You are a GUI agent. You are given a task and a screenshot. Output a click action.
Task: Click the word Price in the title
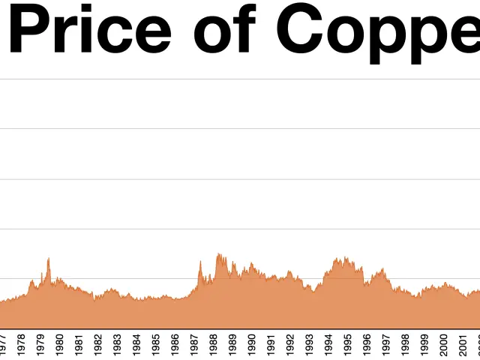coord(90,30)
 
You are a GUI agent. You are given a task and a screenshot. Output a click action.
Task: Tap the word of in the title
coord(224,30)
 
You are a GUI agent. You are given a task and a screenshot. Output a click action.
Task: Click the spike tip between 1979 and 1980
coord(49,259)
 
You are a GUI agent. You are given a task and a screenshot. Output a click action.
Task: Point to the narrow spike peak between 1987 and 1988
coord(200,261)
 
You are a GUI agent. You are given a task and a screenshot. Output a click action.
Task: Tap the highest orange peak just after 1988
coord(218,253)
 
